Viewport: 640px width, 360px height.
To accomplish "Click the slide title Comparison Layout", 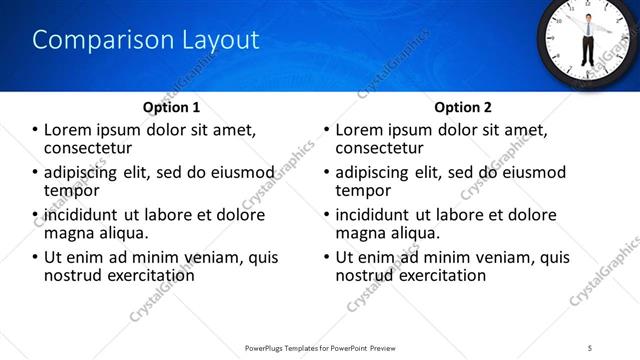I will tap(146, 40).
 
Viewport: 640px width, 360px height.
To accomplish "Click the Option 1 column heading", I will tap(172, 107).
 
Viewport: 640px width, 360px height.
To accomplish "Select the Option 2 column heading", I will tap(462, 107).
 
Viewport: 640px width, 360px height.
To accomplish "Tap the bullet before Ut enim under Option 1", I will tap(35, 257).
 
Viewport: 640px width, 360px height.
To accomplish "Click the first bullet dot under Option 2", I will tap(325, 130).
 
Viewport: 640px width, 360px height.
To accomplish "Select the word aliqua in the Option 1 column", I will tap(122, 232).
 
